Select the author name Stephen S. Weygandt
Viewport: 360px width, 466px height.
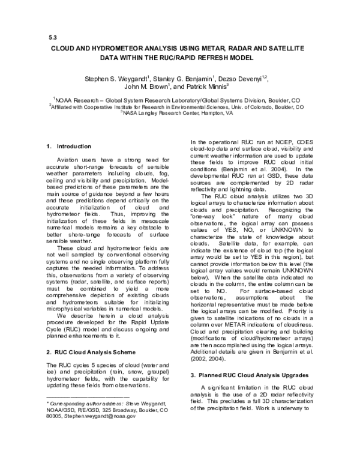point(113,78)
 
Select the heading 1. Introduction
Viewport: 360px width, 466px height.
point(68,147)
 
